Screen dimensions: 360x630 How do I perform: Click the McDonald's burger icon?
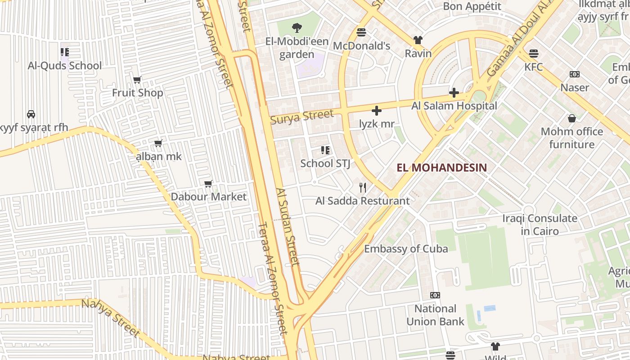[361, 32]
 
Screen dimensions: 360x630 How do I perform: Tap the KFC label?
[534, 67]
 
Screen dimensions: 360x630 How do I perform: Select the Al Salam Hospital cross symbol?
[454, 93]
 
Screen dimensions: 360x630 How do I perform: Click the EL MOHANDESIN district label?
[441, 168]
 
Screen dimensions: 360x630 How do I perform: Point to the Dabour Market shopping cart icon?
[208, 184]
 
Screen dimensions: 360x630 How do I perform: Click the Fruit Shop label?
[137, 93]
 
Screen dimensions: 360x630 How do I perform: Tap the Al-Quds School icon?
[65, 52]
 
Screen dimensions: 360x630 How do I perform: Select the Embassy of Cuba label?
[406, 248]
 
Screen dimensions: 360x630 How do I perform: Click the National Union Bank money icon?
[435, 295]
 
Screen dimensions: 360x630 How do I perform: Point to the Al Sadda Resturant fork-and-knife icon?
[363, 187]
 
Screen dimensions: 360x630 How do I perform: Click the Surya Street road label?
[302, 116]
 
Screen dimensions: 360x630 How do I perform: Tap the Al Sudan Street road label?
[288, 227]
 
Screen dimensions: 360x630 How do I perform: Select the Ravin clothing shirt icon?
[418, 40]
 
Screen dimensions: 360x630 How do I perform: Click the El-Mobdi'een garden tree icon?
[297, 28]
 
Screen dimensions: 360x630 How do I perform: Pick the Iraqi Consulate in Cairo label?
[540, 225]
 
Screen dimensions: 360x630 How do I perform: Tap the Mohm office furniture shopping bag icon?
[571, 118]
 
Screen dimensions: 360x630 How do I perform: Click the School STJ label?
[325, 163]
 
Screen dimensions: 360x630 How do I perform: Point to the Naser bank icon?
[575, 74]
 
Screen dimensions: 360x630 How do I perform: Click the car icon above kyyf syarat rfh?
[31, 114]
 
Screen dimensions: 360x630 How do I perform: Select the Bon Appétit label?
[472, 6]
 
